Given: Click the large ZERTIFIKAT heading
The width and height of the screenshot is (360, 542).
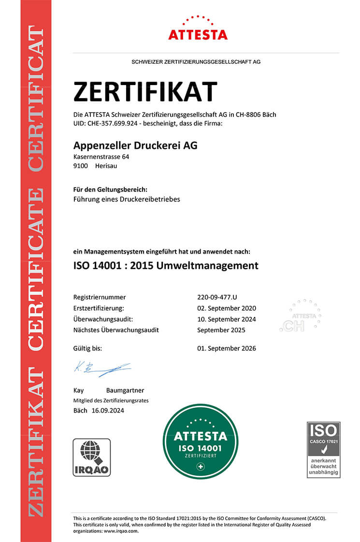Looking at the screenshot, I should coord(145,92).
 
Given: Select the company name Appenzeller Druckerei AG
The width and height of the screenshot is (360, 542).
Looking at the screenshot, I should coord(135,145).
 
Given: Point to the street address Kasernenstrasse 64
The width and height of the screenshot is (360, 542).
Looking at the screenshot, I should coord(101,157).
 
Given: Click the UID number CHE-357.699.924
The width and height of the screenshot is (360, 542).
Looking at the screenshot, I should coord(113,124).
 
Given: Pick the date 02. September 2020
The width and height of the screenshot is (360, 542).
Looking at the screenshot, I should coord(227,308).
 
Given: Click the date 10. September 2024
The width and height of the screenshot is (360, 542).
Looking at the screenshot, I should coord(227,319).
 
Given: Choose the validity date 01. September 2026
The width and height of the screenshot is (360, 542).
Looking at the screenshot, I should coord(227,348).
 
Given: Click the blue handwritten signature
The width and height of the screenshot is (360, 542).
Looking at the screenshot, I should coord(101,369).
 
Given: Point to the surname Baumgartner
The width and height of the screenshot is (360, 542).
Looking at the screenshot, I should coord(125,390).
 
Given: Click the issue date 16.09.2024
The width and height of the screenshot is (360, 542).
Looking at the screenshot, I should coord(107,411).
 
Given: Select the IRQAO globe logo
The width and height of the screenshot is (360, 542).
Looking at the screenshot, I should coord(92,457).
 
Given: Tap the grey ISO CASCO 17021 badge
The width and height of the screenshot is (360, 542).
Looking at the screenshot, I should coord(324,449).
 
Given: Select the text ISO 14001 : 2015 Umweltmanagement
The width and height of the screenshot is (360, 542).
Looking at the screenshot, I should coord(166,265).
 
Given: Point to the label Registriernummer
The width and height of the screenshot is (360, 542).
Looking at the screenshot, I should coord(100,297).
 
